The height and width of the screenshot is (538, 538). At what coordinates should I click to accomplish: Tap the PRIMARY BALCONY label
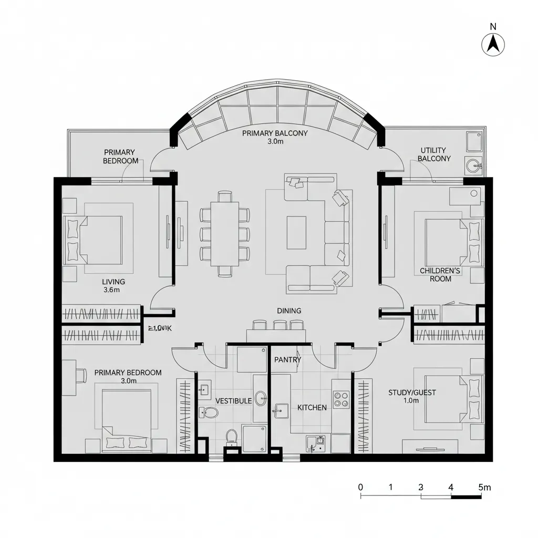click(275, 133)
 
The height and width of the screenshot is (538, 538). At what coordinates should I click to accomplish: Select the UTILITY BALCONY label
click(433, 154)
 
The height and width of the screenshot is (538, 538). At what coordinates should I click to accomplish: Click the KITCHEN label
click(312, 408)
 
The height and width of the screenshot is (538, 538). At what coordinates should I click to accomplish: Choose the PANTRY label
click(287, 360)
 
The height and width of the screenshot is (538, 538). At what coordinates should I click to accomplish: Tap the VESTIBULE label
click(233, 401)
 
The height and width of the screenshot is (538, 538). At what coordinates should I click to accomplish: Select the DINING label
click(289, 311)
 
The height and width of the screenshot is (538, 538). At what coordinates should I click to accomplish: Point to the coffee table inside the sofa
click(296, 233)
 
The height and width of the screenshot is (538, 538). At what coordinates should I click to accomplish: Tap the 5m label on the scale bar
click(484, 487)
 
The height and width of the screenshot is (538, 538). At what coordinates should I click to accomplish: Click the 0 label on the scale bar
click(360, 487)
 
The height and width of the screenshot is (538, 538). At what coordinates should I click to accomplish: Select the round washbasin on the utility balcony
click(473, 165)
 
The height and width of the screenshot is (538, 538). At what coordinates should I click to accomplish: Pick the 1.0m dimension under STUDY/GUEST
click(411, 401)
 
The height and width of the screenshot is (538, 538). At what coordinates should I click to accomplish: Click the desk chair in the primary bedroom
click(80, 375)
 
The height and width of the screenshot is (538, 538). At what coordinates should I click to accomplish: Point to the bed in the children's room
click(447, 242)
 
